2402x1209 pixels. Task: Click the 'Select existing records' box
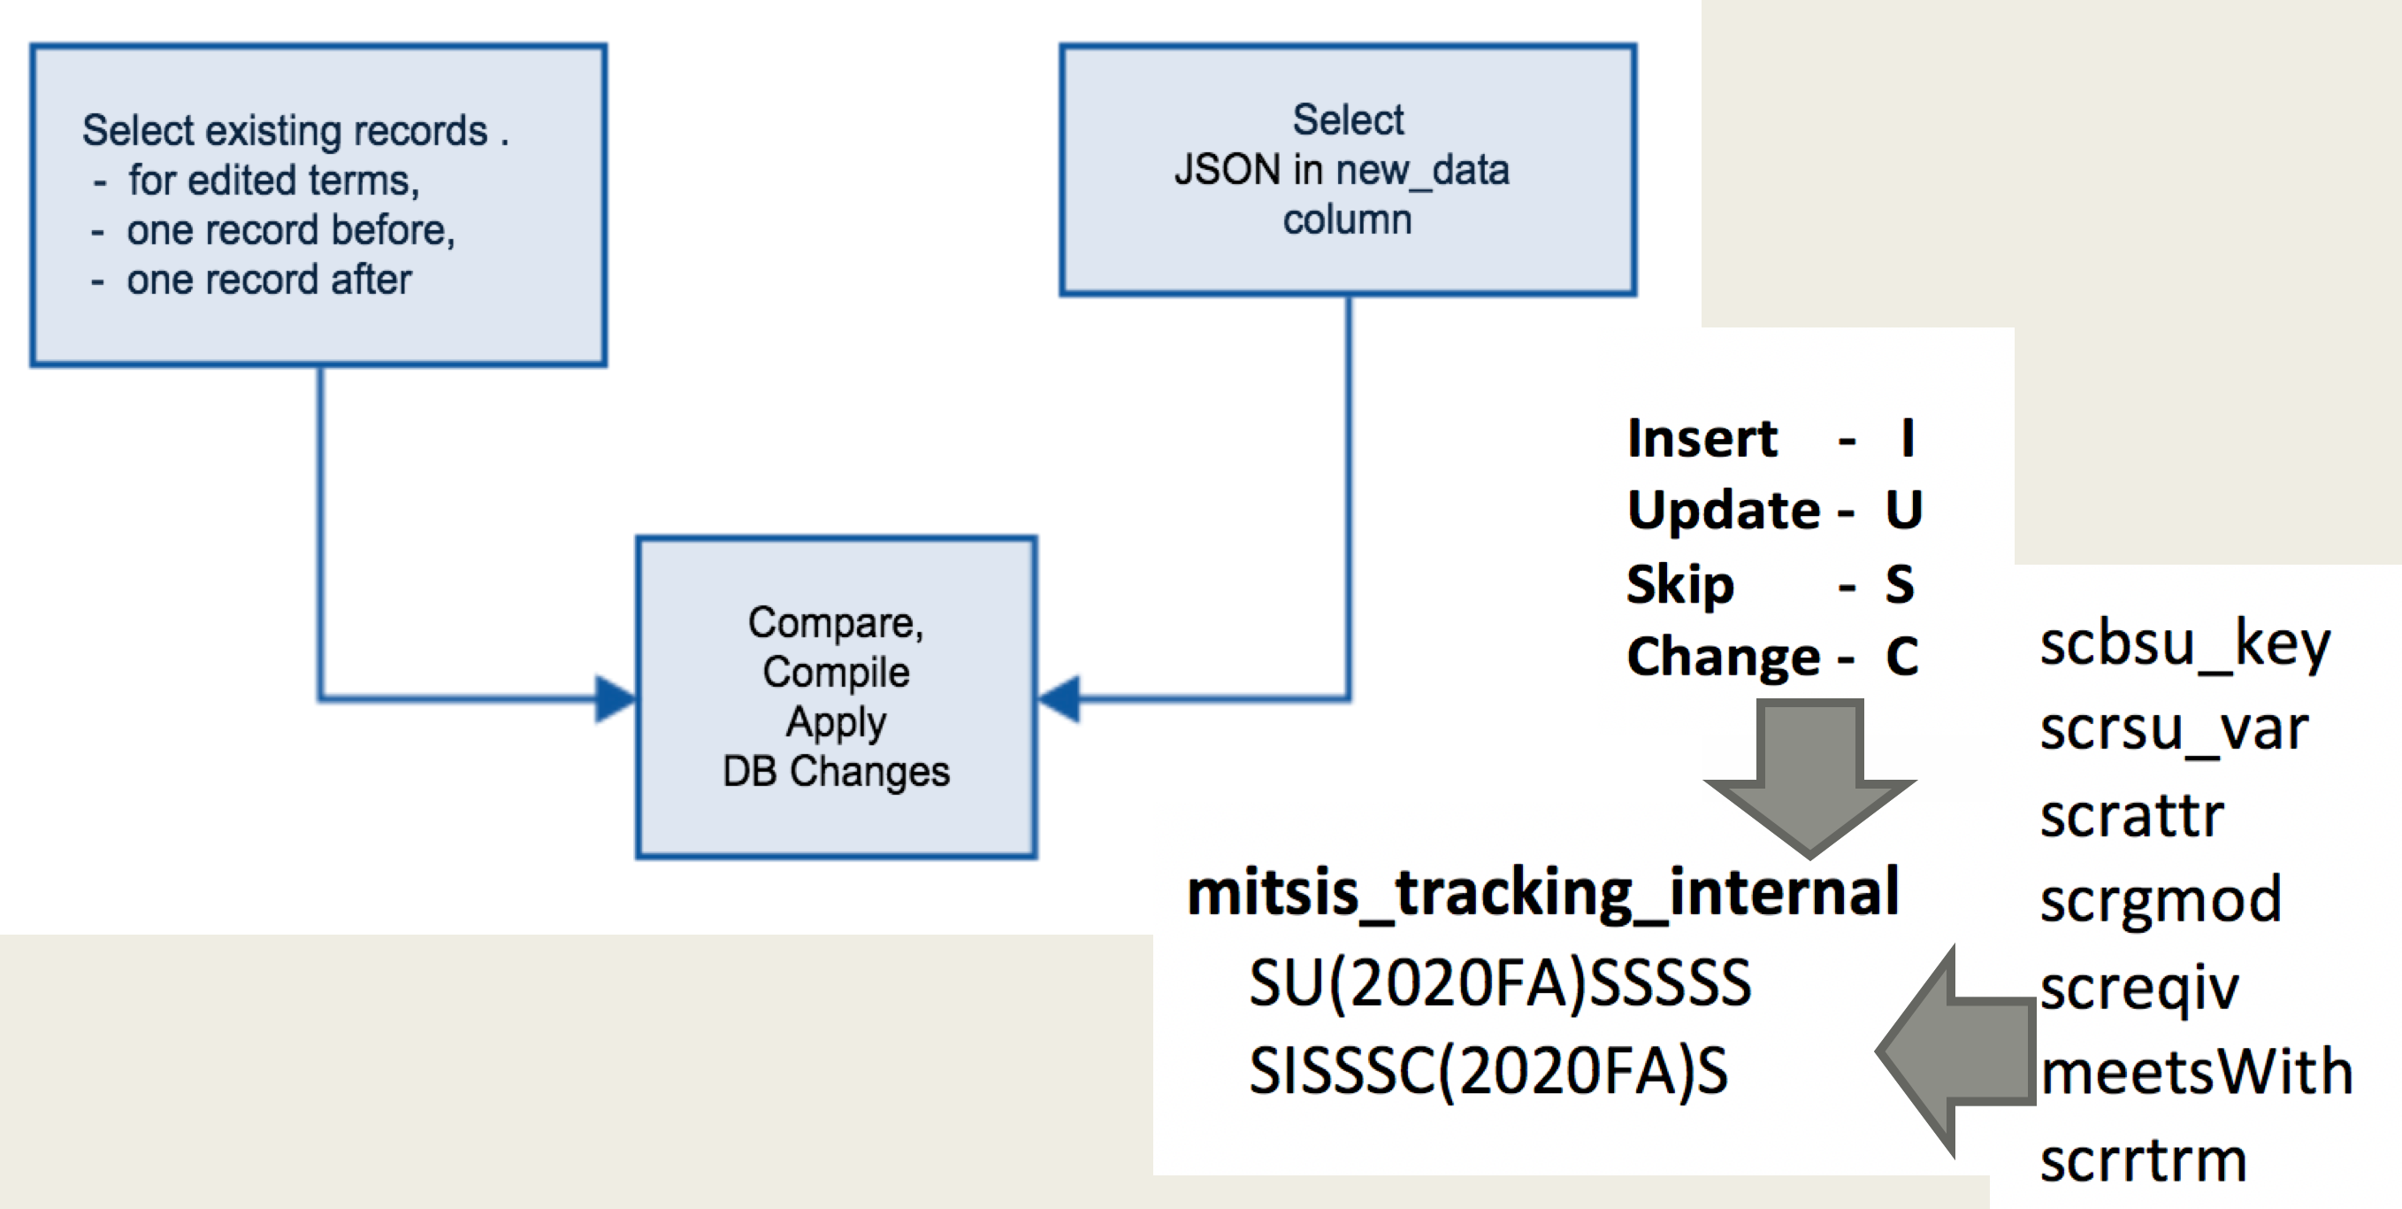319,204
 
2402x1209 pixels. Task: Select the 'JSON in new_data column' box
1348,170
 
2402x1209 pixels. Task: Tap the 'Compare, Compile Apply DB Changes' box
837,697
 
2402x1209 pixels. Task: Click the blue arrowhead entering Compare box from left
616,698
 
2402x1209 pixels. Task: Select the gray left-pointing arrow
1956,1051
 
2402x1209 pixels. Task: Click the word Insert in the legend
1702,438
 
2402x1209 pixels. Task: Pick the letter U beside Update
1904,511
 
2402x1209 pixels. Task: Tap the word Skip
1680,586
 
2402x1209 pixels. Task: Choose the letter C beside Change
1902,657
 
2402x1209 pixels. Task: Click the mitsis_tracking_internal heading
1543,893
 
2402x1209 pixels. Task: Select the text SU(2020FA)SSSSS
1500,983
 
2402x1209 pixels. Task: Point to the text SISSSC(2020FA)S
1489,1071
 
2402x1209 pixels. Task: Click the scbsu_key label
2184,644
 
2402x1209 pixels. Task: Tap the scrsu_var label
2174,730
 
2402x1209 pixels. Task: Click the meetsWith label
2196,1071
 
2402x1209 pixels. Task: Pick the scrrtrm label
2143,1160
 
